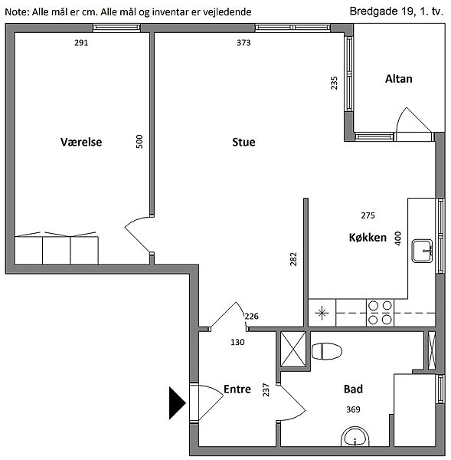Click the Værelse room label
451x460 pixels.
[x=81, y=142]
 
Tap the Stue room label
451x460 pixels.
[x=243, y=142]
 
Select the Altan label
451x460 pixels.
[x=398, y=79]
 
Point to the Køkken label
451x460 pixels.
[x=368, y=237]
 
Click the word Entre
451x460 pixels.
[x=237, y=389]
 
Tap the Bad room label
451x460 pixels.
[x=353, y=389]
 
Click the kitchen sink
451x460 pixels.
[x=422, y=251]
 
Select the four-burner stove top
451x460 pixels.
[x=380, y=313]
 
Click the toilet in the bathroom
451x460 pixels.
[x=327, y=351]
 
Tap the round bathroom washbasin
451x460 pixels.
[x=355, y=437]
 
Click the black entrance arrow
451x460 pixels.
[x=178, y=402]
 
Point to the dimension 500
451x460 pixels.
[x=139, y=141]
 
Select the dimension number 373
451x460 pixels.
[x=243, y=43]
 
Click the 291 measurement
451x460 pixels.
[x=81, y=43]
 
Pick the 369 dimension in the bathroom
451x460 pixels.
[x=353, y=409]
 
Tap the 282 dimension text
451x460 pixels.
[x=293, y=259]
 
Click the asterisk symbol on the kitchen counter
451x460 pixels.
[x=322, y=313]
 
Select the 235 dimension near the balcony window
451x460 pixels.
[x=334, y=83]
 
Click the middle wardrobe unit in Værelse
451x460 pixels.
[x=56, y=250]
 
